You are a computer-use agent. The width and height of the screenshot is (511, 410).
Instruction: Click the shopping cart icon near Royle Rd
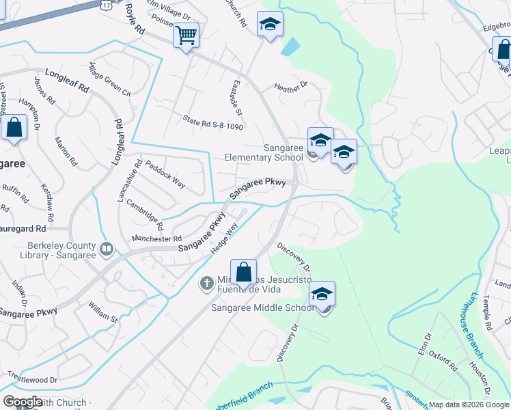coord(186,36)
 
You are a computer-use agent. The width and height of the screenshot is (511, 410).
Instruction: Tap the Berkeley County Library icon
coord(107,249)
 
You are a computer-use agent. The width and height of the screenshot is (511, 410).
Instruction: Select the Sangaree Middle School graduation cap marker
coord(322,295)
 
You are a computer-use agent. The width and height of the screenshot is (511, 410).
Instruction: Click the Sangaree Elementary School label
coord(263,152)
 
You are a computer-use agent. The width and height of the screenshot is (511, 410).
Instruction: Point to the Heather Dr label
coord(292,86)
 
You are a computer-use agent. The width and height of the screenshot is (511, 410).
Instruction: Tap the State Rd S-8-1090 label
coord(213,122)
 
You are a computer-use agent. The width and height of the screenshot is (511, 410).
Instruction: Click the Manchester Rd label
coord(157,238)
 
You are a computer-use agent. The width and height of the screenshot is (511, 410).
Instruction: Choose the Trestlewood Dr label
coord(33,378)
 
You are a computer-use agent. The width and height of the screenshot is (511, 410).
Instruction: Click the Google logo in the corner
coord(23,402)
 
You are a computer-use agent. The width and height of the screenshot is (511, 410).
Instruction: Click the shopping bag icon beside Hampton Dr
coord(14,127)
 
